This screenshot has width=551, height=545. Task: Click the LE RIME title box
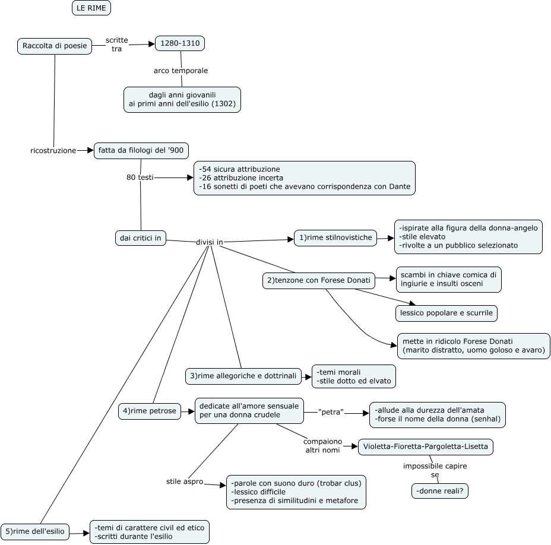pyautogui.click(x=91, y=8)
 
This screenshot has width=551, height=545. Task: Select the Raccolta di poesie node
pyautogui.click(x=55, y=46)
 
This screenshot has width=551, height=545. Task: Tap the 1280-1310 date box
pyautogui.click(x=180, y=43)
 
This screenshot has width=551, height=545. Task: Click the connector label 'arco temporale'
pyautogui.click(x=180, y=71)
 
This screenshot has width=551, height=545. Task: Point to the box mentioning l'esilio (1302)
pyautogui.click(x=182, y=99)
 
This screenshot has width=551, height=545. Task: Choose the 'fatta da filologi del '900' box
pyautogui.click(x=141, y=151)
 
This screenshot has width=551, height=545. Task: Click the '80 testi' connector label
pyautogui.click(x=140, y=177)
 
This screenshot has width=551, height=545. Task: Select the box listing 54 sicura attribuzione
pyautogui.click(x=305, y=178)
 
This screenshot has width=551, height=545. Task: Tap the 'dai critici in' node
pyautogui.click(x=141, y=238)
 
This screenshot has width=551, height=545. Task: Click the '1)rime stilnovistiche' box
pyautogui.click(x=336, y=237)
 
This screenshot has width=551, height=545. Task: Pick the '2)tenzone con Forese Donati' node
pyautogui.click(x=319, y=280)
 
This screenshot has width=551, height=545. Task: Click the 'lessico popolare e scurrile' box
pyautogui.click(x=446, y=312)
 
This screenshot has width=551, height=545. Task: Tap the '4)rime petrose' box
pyautogui.click(x=151, y=411)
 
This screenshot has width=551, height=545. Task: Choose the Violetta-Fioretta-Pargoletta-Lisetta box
pyautogui.click(x=426, y=446)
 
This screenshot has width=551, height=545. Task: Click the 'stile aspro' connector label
pyautogui.click(x=184, y=481)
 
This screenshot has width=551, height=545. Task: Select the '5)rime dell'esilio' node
pyautogui.click(x=35, y=531)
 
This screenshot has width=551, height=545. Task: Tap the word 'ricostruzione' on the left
pyautogui.click(x=53, y=151)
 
